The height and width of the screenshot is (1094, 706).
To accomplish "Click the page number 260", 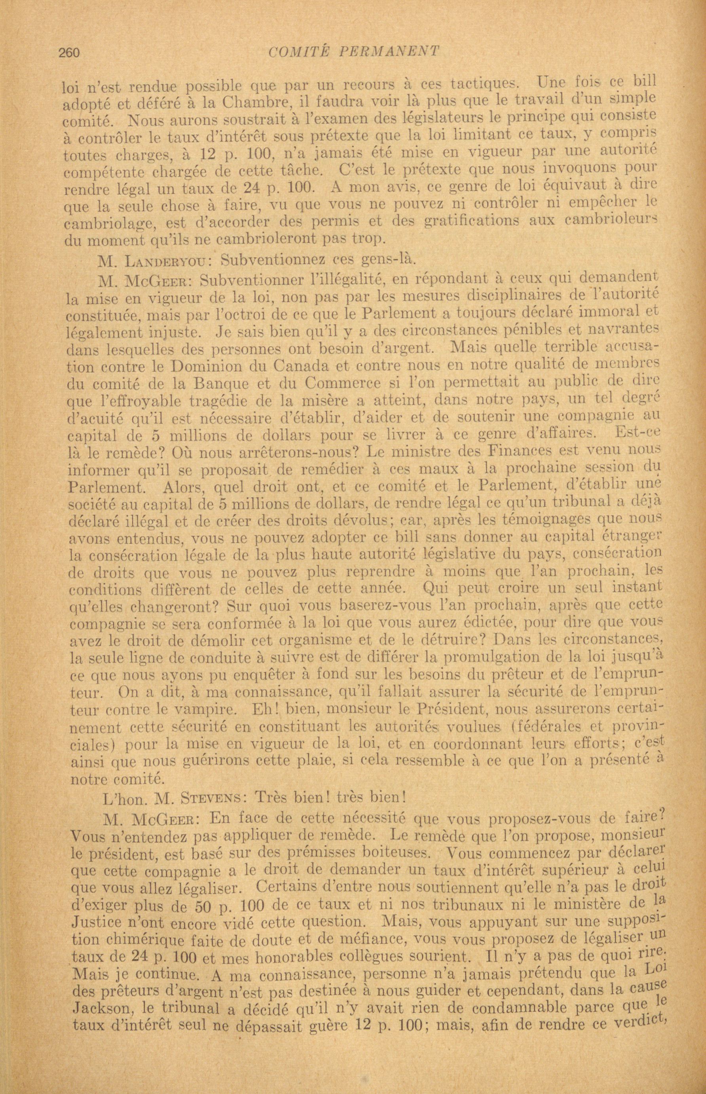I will click(69, 53).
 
